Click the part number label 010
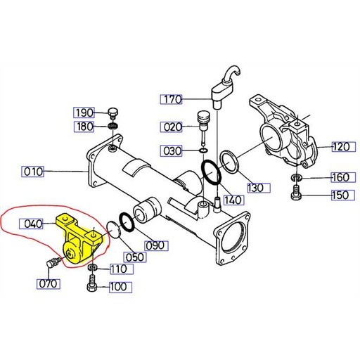point(32,170)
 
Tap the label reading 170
point(170,99)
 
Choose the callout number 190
point(84,113)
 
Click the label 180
point(84,127)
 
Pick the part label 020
point(171,127)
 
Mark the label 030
point(171,150)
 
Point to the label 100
point(117,287)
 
